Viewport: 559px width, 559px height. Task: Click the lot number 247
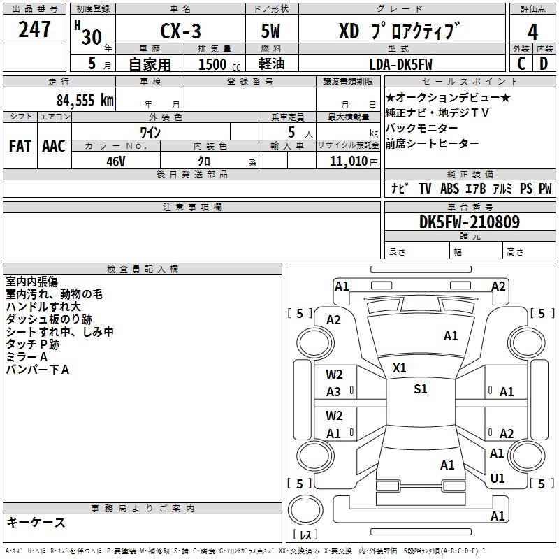(x=35, y=29)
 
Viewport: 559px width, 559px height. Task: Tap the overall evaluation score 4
(x=533, y=31)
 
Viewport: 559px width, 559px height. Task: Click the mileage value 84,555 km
(x=85, y=100)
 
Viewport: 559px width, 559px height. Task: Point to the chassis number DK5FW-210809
(x=469, y=222)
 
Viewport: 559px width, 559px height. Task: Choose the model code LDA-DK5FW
(x=400, y=63)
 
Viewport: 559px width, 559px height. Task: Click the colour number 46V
(x=116, y=161)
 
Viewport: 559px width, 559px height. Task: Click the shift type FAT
(x=20, y=146)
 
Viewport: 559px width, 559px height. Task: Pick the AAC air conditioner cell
(x=53, y=146)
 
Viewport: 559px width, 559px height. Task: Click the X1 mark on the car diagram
(x=400, y=368)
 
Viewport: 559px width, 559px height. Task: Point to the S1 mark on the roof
(x=420, y=389)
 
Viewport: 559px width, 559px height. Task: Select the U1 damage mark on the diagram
(x=498, y=479)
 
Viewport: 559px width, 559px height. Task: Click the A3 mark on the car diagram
(x=334, y=392)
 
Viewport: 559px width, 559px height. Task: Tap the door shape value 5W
(x=272, y=31)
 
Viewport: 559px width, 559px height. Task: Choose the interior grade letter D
(x=543, y=63)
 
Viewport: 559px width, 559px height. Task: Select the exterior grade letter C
(x=521, y=63)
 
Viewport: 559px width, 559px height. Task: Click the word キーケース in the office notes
(x=36, y=522)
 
